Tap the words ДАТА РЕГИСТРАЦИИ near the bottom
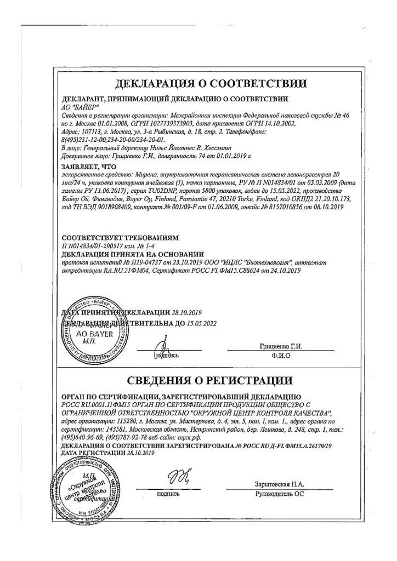click(x=94, y=455)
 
